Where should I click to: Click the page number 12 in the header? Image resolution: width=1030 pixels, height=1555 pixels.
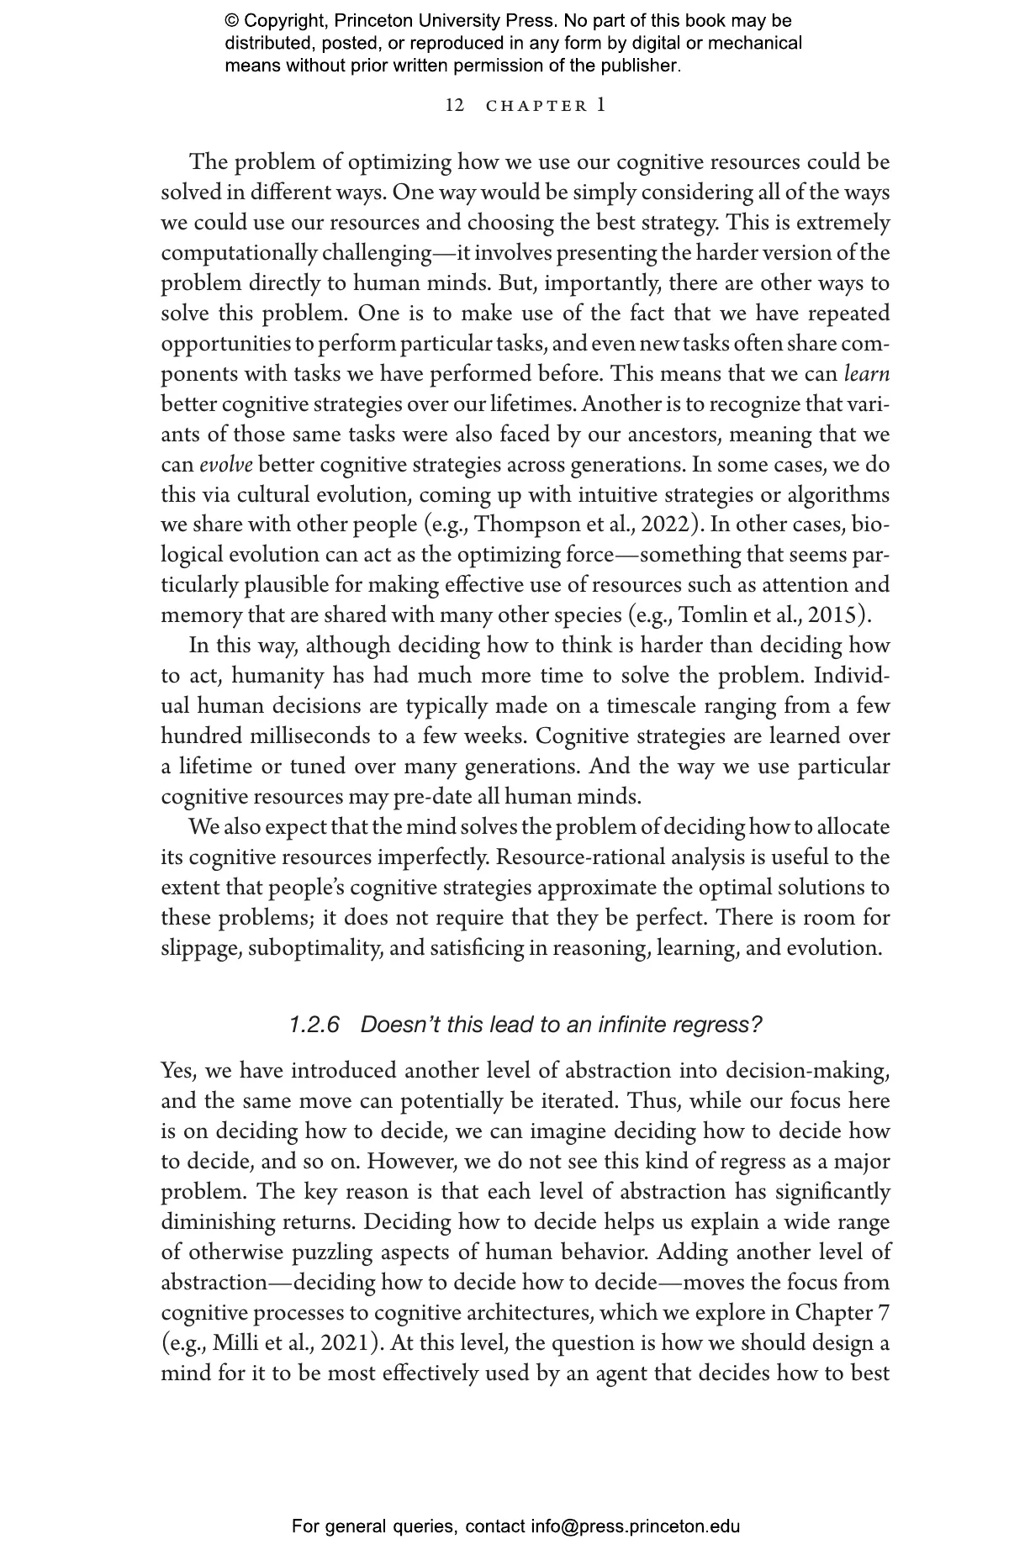point(454,105)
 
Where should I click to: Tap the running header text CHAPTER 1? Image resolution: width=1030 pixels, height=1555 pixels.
point(547,105)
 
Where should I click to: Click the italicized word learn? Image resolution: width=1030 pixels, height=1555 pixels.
point(866,374)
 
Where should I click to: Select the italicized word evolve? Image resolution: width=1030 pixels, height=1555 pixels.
point(225,465)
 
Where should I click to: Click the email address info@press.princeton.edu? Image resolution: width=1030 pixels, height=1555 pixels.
point(635,1526)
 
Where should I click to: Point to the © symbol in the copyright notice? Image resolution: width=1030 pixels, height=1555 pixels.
point(232,21)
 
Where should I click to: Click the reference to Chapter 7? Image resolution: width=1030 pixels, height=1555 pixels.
point(842,1312)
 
